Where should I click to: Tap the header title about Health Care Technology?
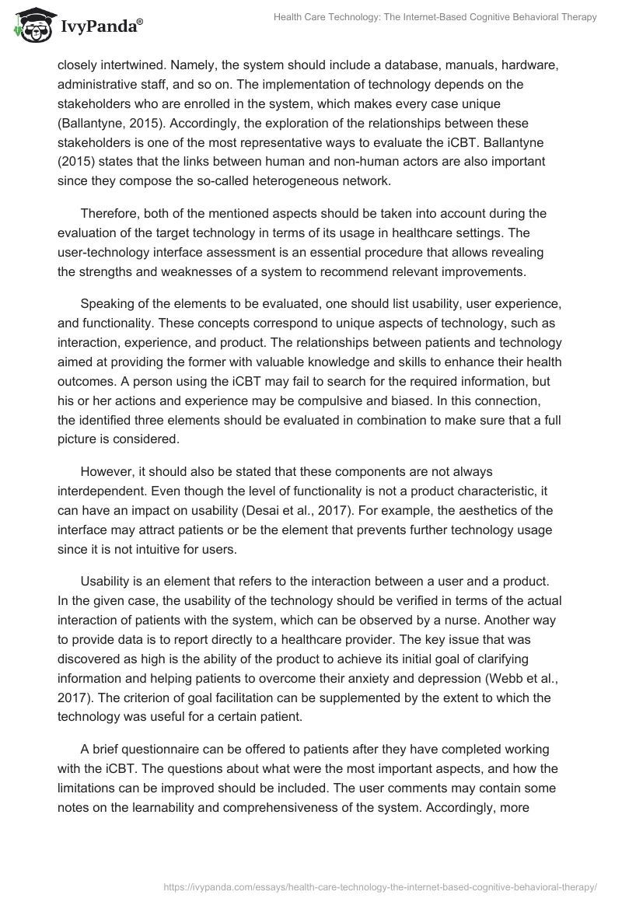(436, 18)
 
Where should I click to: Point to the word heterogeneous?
(323, 181)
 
